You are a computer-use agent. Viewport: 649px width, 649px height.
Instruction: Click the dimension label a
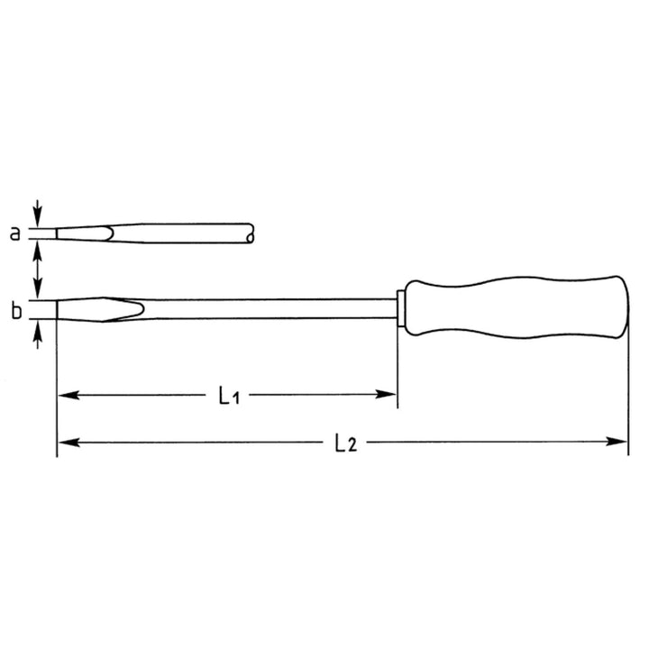coord(14,233)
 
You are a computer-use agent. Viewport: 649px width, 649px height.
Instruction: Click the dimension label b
coord(15,312)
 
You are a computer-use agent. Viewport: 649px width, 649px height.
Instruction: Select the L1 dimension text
coord(230,395)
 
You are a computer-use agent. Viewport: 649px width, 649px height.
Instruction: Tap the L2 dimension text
coord(344,443)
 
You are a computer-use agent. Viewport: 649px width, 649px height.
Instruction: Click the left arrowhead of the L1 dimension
coord(65,395)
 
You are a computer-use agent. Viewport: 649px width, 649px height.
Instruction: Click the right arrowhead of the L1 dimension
coord(389,395)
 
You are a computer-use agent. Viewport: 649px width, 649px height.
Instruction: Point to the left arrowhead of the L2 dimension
coord(65,443)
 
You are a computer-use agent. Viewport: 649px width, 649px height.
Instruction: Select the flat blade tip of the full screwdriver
coord(59,308)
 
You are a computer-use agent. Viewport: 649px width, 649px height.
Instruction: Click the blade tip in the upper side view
coord(59,233)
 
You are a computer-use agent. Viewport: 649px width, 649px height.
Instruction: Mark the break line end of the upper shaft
coord(251,233)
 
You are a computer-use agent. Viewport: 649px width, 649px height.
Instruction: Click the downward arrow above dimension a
coord(37,214)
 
